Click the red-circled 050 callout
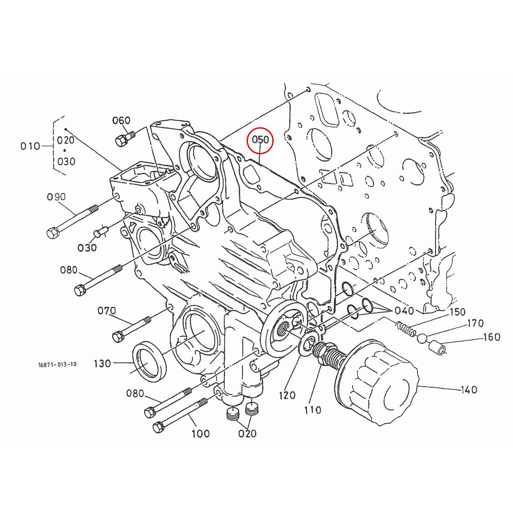point(260,140)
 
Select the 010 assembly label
point(30,146)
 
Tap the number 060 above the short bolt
point(121,121)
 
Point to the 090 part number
point(56,197)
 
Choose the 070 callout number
point(107,311)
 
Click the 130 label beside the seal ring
point(103,363)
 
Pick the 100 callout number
point(200,433)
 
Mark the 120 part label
point(287,395)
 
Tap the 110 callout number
point(313,410)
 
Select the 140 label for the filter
point(469,389)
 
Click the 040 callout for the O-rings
point(404,310)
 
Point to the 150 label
point(457,312)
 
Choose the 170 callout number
point(475,323)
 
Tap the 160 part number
point(492,337)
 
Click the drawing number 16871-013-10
point(56,365)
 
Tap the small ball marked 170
point(422,339)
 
